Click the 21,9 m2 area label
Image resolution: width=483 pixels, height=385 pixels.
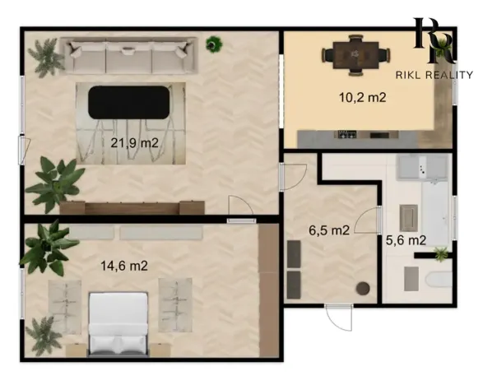tap(134, 143)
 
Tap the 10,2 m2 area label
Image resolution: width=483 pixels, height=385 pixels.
tap(363, 97)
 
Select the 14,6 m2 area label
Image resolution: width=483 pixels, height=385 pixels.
tap(124, 266)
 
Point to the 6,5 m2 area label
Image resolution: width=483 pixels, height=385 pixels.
tap(329, 230)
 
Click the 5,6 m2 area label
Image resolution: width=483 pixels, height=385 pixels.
tap(406, 240)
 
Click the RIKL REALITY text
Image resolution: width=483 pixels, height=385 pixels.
tap(434, 75)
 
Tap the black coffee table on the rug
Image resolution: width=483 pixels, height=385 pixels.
tap(128, 103)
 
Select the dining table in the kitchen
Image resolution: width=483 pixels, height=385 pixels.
tap(356, 55)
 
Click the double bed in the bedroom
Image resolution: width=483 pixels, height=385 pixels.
tap(118, 324)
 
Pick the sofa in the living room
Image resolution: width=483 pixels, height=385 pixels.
tap(128, 56)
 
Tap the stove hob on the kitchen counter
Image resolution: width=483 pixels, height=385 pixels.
tap(347, 134)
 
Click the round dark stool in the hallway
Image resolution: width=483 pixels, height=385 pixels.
tap(363, 289)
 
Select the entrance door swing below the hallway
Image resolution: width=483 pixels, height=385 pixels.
tap(338, 318)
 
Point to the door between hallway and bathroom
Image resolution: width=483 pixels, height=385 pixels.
tap(368, 220)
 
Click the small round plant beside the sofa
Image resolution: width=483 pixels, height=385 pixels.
tap(214, 44)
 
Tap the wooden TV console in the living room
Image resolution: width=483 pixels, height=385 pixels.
tap(132, 207)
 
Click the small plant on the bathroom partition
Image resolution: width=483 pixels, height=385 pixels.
tap(441, 254)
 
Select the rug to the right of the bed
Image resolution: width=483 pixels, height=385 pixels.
tap(175, 305)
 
